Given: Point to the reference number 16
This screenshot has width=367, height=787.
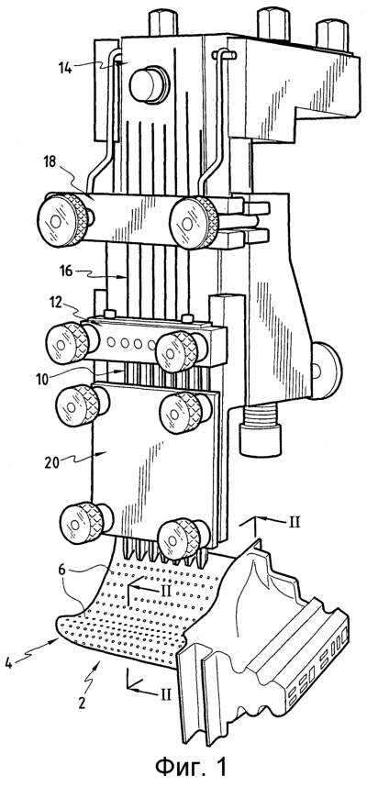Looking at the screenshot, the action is (x=66, y=271).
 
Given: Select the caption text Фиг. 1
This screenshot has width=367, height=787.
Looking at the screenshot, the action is (x=191, y=766).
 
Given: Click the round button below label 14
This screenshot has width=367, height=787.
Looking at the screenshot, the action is (x=148, y=83).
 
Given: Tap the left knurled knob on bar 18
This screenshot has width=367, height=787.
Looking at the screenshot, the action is (x=61, y=220).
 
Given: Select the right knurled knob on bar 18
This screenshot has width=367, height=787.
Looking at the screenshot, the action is (x=194, y=221).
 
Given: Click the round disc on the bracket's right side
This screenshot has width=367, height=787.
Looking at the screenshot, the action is (x=325, y=370).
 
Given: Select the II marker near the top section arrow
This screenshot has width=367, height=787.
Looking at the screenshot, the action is (x=295, y=522).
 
